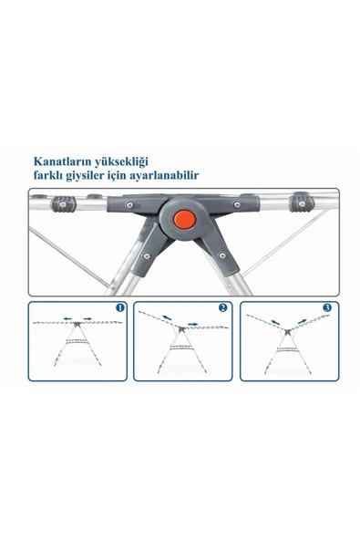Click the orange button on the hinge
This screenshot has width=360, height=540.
pyautogui.click(x=184, y=218)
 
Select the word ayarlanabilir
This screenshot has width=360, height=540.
pyautogui.click(x=164, y=175)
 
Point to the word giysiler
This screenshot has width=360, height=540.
pyautogui.click(x=85, y=176)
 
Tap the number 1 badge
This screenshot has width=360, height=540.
pyautogui.click(x=119, y=307)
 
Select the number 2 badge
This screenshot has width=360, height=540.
pyautogui.click(x=222, y=307)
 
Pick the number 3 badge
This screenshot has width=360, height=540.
pyautogui.click(x=327, y=307)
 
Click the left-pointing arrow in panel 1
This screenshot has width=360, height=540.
pyautogui.click(x=67, y=319)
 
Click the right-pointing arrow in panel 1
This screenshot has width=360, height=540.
pyautogui.click(x=87, y=319)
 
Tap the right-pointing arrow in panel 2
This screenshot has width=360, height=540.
pyautogui.click(x=193, y=325)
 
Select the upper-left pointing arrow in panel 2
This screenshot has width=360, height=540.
pyautogui.click(x=168, y=317)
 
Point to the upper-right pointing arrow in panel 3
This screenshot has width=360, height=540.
pyautogui.click(x=303, y=321)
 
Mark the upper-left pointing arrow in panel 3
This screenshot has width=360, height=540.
pyautogui.click(x=275, y=322)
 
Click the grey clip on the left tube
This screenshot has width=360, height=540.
pyautogui.click(x=62, y=204)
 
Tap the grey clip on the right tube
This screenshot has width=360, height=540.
pyautogui.click(x=302, y=203)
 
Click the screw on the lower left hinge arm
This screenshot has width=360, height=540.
pyautogui.click(x=147, y=255)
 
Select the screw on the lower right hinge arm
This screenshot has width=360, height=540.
pyautogui.click(x=222, y=255)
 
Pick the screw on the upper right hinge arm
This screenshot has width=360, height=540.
pyautogui.click(x=237, y=204)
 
